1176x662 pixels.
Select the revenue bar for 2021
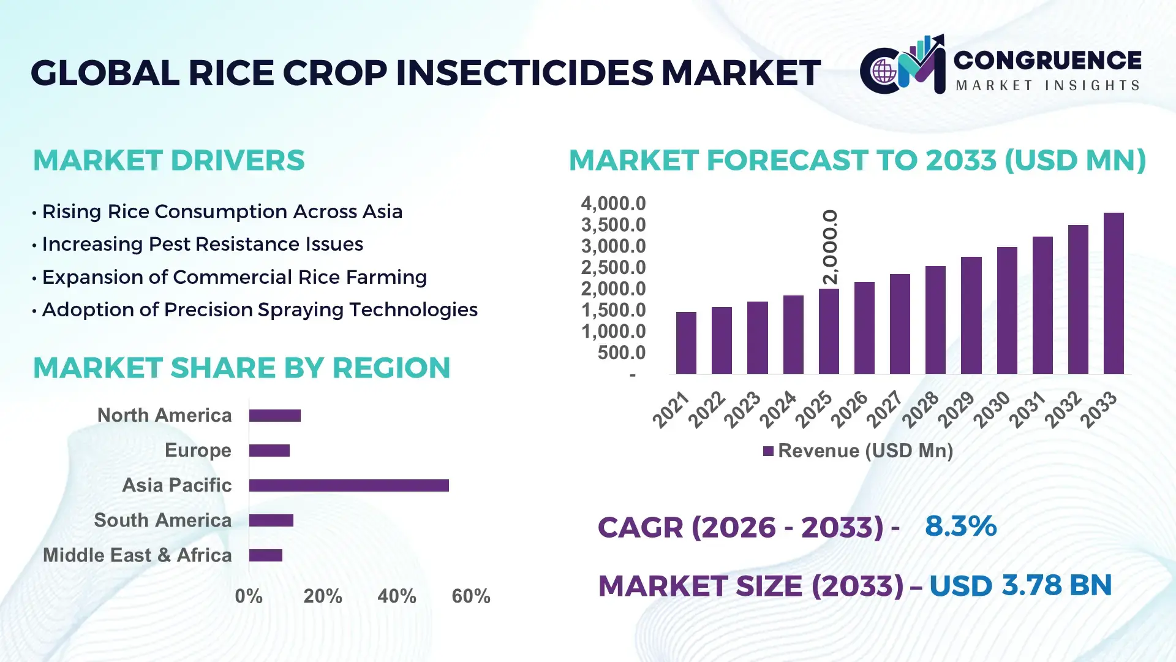686,343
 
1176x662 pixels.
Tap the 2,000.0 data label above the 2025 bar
830,247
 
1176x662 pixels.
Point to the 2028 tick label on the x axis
920,409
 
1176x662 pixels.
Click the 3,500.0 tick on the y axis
613,225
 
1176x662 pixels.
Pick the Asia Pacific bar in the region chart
349,485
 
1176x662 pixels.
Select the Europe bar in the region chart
269,451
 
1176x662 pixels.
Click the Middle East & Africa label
137,555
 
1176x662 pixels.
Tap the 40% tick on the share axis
396,596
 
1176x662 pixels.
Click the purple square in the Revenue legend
768,451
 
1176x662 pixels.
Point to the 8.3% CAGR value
960,526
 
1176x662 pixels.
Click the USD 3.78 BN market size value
1020,585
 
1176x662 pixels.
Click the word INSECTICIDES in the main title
524,73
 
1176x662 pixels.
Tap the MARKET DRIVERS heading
168,161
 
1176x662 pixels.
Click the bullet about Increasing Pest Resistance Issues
202,244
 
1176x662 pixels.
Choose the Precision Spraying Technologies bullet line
259,310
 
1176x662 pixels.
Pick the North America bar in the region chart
274,416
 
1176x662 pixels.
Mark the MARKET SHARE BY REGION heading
241,368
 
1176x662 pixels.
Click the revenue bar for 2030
1006,310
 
